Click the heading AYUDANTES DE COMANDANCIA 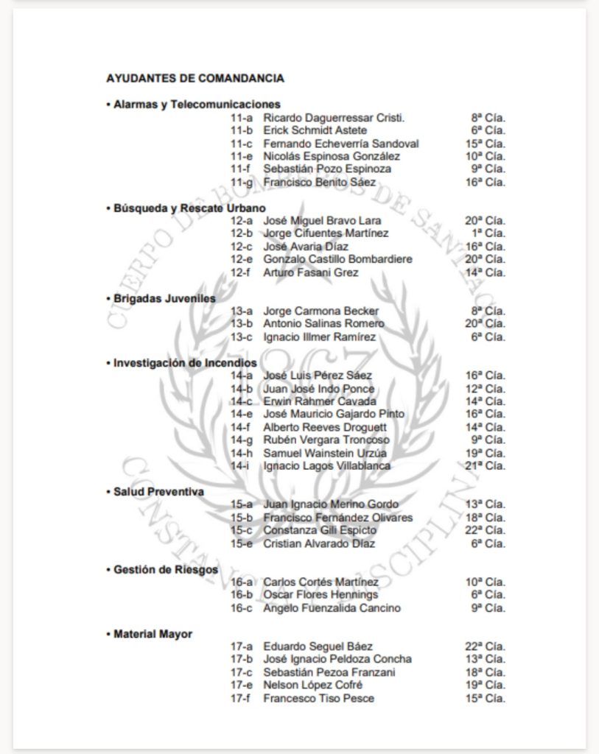coord(195,78)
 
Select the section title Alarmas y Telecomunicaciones coord(197,105)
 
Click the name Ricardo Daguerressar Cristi coord(334,118)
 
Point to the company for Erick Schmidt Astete coord(488,130)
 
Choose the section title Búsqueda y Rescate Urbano coord(189,208)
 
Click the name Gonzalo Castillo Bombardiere coord(337,259)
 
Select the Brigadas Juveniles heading coord(164,298)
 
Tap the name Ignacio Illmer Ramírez coord(319,337)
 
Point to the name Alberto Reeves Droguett coord(325,427)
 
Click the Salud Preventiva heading coord(158,491)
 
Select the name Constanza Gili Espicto coord(320,530)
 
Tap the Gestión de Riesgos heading coord(166,569)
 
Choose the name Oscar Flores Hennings coord(320,594)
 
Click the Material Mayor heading coord(153,633)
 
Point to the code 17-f coord(241,697)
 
